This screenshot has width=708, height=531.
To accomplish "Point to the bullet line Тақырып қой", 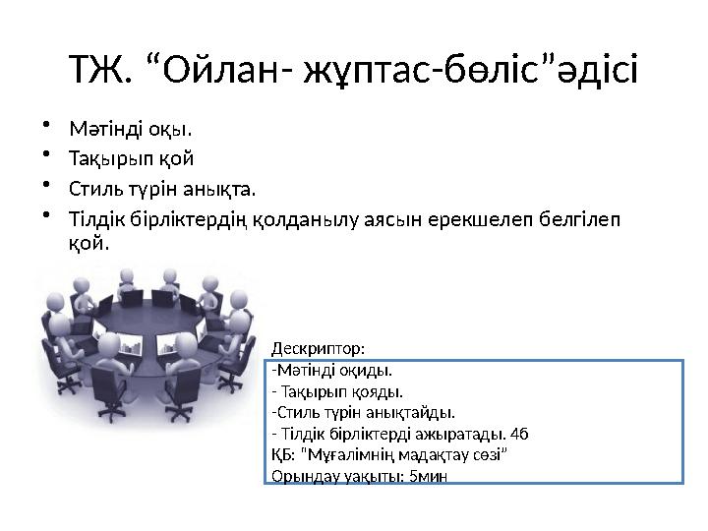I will point(130,158).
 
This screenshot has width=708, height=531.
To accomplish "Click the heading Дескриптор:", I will point(317,348).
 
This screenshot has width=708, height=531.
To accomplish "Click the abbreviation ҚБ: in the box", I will point(280,455).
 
